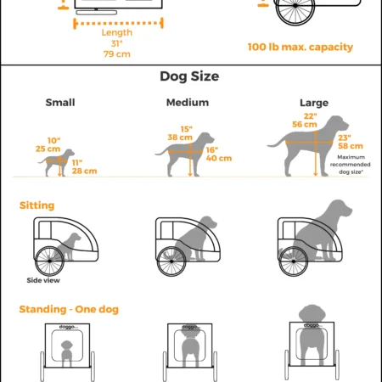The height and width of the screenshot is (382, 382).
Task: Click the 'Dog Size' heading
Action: [191, 76]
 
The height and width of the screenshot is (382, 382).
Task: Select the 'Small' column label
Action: [59, 103]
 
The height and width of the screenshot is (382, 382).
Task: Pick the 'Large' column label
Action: [313, 103]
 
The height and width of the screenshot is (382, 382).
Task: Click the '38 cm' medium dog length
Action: [178, 136]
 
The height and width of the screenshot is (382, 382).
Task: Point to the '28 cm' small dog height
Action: [84, 171]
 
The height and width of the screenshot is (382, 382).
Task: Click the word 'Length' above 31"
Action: [116, 33]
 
